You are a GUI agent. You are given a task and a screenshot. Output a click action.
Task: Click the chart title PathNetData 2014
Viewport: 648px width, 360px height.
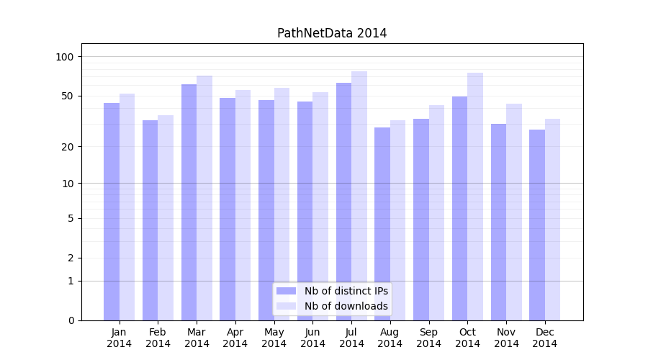[x=332, y=33]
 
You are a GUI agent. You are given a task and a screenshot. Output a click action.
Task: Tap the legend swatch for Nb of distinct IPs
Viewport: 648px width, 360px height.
[x=286, y=291]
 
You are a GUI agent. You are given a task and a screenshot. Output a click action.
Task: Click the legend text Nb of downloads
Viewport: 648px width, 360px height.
[x=346, y=306]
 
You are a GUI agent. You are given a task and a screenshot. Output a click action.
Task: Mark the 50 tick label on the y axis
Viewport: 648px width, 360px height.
[x=68, y=96]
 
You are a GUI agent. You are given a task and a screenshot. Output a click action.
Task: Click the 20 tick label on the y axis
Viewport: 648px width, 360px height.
[x=68, y=147]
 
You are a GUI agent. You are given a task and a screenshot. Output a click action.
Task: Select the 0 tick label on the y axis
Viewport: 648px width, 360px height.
[x=71, y=320]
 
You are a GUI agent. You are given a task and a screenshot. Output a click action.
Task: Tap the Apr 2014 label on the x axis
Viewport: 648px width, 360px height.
[x=235, y=338]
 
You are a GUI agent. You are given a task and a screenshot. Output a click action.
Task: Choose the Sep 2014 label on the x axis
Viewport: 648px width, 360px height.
[x=428, y=338]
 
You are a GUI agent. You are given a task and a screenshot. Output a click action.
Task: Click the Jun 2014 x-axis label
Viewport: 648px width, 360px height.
[x=312, y=338]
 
